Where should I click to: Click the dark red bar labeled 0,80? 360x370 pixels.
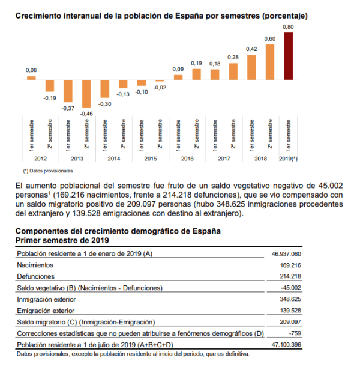[289, 56]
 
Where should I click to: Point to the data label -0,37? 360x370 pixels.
[68, 108]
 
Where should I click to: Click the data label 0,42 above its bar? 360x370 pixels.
[252, 49]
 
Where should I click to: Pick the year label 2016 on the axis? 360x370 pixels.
[187, 159]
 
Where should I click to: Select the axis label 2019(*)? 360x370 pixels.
[289, 159]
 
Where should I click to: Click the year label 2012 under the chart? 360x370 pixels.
[41, 159]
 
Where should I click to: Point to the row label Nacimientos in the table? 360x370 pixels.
[35, 265]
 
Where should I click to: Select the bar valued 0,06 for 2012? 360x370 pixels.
[31, 78]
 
